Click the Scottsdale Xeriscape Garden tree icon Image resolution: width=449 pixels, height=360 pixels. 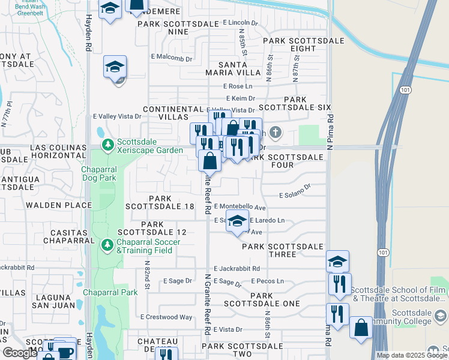(107, 145)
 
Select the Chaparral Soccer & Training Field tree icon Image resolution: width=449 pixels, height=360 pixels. (107, 245)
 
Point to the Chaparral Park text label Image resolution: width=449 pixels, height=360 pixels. (110, 292)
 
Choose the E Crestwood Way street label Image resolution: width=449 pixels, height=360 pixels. (166, 317)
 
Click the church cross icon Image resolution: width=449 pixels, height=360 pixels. (275, 132)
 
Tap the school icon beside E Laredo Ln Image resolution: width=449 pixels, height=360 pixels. (238, 220)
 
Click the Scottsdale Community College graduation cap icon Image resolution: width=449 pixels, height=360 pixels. (440, 316)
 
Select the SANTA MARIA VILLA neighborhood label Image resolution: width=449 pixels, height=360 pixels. (240, 68)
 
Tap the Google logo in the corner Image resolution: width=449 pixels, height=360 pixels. (20, 353)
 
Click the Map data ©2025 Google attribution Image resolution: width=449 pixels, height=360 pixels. (412, 355)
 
